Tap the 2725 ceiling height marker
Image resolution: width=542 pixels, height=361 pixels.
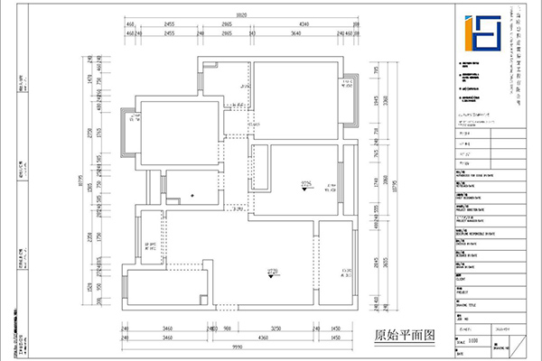point(305,185)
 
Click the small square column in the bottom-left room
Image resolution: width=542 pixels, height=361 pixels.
point(201,298)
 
